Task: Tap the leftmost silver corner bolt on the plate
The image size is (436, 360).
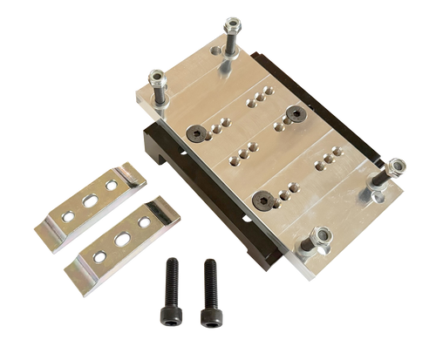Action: tap(157, 78)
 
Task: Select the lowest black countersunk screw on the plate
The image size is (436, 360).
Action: tap(262, 199)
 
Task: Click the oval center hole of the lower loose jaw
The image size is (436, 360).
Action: tap(122, 236)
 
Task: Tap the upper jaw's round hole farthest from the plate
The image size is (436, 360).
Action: tap(67, 214)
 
